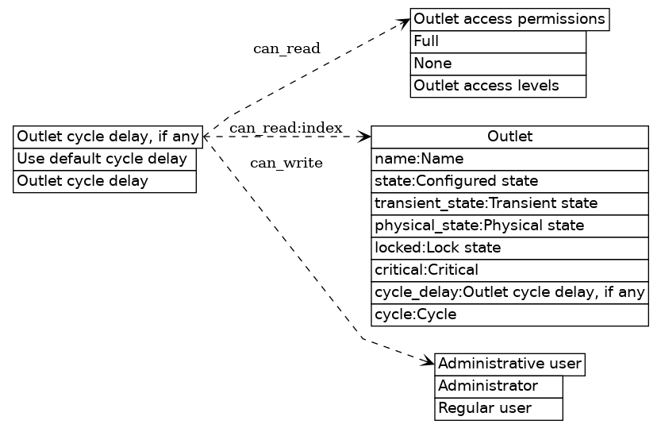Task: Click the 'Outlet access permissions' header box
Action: (509, 19)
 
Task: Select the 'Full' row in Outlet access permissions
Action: (498, 41)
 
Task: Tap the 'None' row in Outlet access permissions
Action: (498, 64)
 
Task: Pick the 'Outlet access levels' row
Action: (498, 86)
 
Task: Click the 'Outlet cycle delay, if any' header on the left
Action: (108, 137)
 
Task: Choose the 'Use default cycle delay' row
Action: (104, 159)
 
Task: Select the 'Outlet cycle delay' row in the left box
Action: (104, 181)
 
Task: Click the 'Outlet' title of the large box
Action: (509, 137)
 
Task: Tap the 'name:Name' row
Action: (509, 159)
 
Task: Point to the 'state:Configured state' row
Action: (509, 181)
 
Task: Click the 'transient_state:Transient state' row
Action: (509, 203)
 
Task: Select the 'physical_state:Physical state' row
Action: (509, 226)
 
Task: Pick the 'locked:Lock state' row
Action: (509, 248)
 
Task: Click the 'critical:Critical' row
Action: (509, 270)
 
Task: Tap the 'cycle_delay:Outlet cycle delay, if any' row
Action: (509, 292)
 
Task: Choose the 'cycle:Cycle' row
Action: (509, 314)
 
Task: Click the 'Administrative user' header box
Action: (509, 364)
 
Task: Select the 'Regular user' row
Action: (498, 409)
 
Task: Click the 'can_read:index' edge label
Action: (286, 128)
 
